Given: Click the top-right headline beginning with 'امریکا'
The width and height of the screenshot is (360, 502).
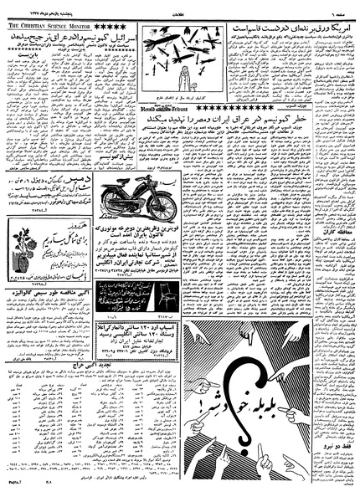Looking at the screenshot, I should tap(294, 27).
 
